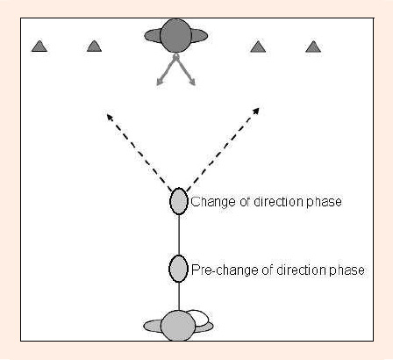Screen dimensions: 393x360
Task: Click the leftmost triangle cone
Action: coord(39,47)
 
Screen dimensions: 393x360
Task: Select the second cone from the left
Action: coord(94,47)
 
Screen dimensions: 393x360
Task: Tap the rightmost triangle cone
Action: coord(313,47)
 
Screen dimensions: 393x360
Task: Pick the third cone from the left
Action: coord(258,47)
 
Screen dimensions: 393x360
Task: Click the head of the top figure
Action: coord(175,36)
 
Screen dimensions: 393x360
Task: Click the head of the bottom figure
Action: coord(178,326)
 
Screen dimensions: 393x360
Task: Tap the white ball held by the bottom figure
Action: coord(200,318)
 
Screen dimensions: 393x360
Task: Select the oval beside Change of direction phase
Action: coord(179,201)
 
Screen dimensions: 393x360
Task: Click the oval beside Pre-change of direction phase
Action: coord(178,269)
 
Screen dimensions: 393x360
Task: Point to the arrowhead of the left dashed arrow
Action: coord(110,117)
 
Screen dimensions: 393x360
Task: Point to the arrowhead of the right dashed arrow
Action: coord(256,112)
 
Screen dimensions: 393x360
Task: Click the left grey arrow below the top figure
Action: coord(166,69)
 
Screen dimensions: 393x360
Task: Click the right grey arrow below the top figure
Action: coord(185,69)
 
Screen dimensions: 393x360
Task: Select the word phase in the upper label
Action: coord(325,202)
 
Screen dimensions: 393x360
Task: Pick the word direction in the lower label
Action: coord(302,270)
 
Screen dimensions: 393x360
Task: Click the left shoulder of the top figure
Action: coord(153,36)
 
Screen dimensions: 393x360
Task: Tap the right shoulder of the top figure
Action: coord(199,36)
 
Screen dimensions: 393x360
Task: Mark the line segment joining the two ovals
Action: coord(179,235)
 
